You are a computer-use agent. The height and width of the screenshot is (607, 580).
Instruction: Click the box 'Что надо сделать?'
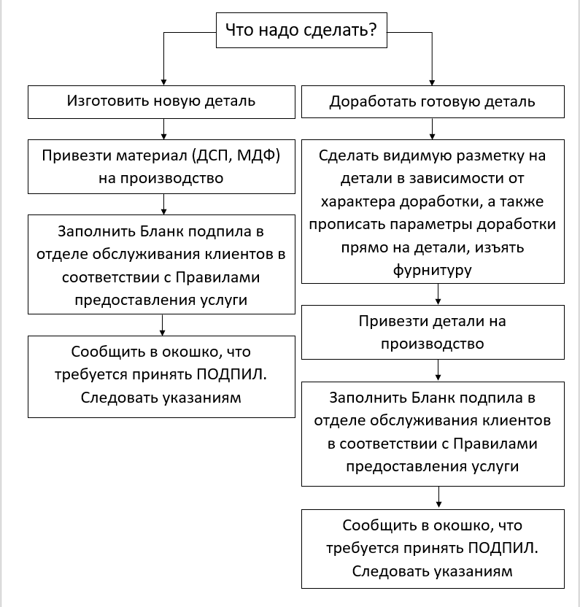coord(301,30)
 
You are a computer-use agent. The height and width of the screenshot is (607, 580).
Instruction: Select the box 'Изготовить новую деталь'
coord(161,101)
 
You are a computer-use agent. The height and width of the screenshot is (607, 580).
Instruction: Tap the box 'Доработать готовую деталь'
coord(432,101)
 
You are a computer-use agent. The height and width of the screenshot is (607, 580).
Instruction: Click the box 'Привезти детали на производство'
coord(432,331)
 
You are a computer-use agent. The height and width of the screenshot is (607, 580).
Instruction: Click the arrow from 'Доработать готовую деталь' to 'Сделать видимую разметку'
coord(437,129)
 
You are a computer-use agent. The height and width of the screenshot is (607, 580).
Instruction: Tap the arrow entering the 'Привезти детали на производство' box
coord(437,294)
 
